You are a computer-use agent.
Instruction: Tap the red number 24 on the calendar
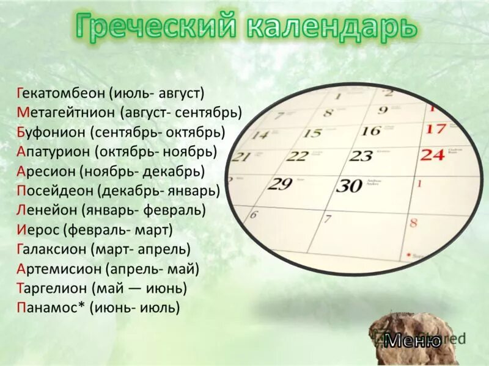tap(433, 154)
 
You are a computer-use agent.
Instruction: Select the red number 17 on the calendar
tap(435, 129)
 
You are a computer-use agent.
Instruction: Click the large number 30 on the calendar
tap(349, 185)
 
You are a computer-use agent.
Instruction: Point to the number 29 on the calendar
tap(280, 183)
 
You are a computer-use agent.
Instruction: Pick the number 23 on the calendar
tap(361, 156)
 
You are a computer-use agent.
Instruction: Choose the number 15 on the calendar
tap(312, 133)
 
